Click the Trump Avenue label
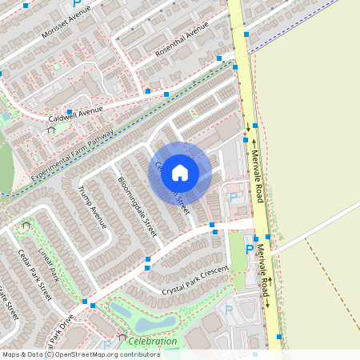[92, 207]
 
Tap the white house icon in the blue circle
[180, 172]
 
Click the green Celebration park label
[152, 342]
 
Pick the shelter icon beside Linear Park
[26, 226]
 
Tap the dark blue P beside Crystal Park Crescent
[249, 250]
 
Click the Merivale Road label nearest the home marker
[258, 174]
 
